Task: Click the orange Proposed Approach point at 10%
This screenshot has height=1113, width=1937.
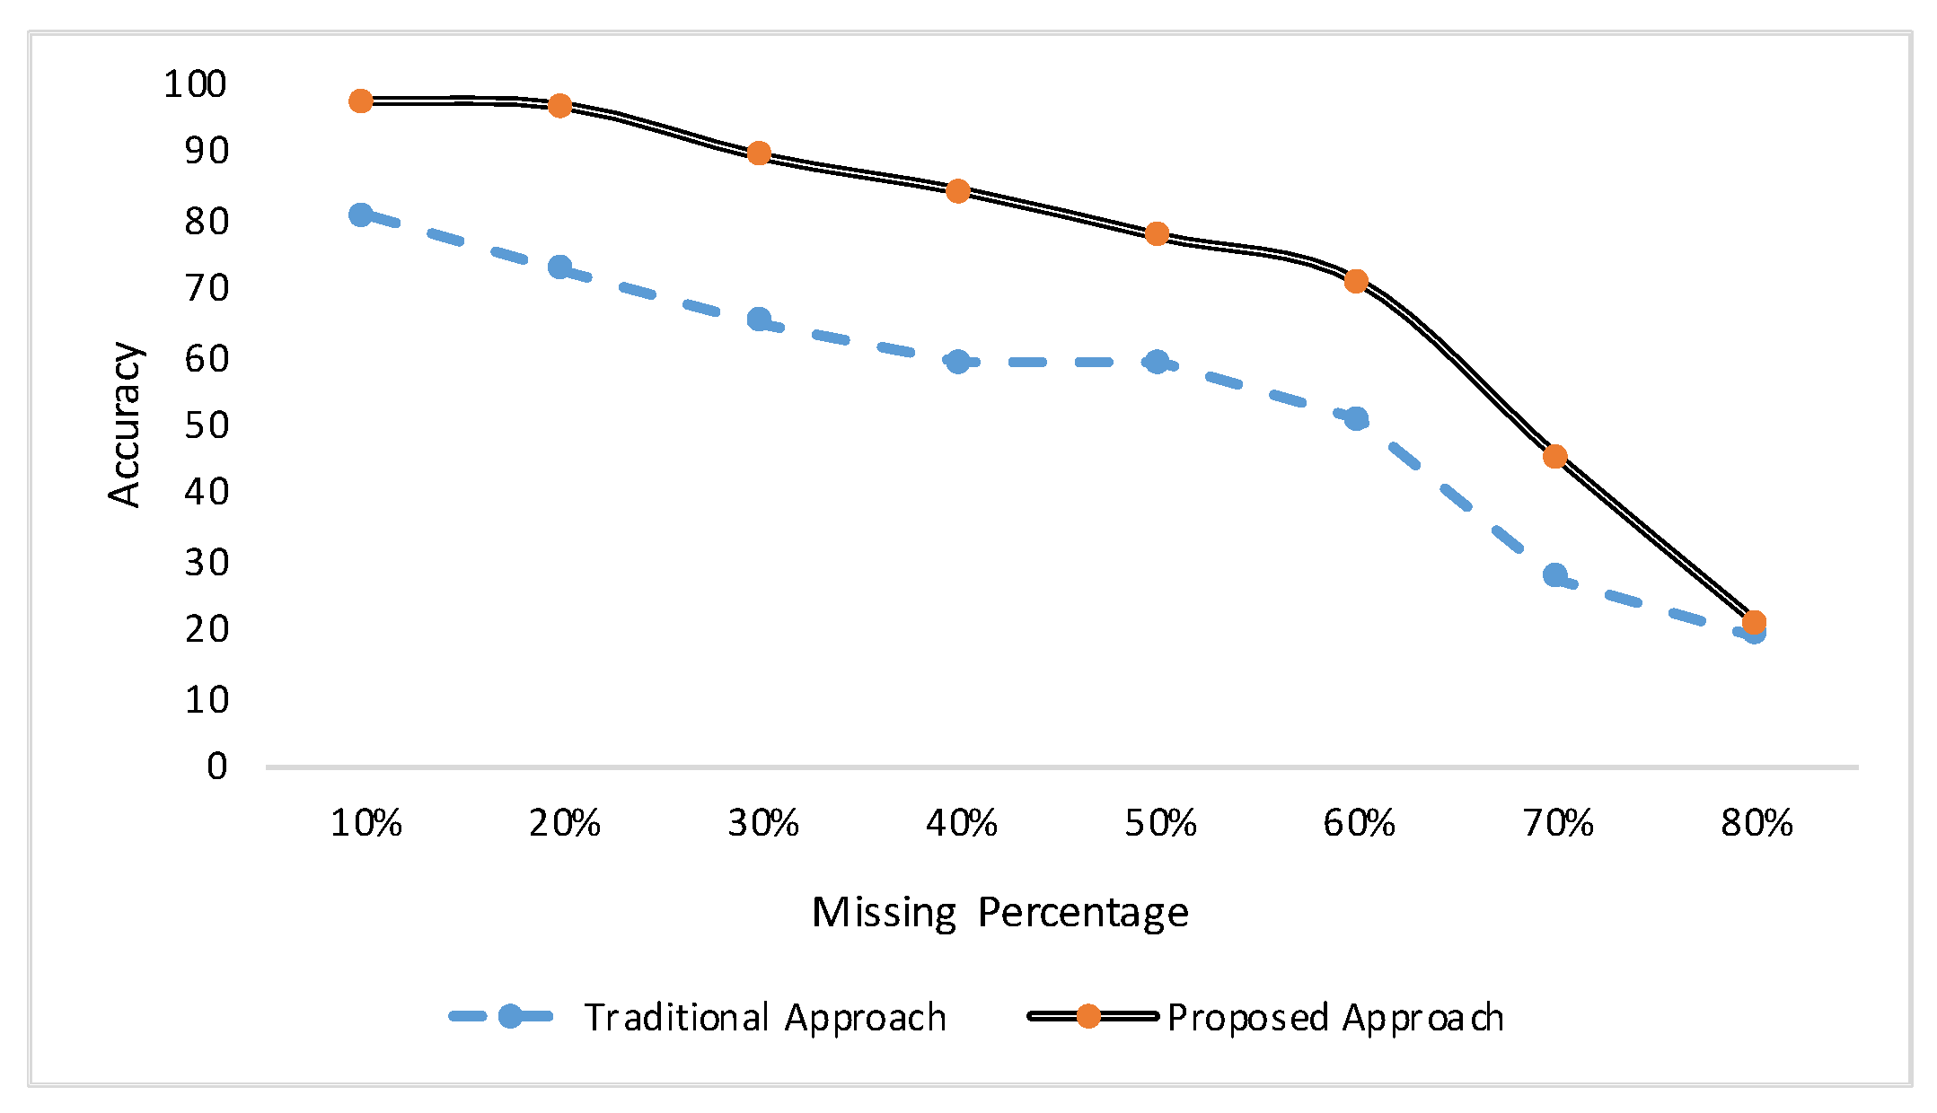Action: [361, 101]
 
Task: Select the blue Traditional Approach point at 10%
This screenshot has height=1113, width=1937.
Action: [361, 215]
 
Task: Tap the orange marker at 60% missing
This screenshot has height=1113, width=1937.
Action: [1356, 282]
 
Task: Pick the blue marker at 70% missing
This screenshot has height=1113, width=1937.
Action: [1555, 574]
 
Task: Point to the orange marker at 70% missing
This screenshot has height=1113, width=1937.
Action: [1555, 457]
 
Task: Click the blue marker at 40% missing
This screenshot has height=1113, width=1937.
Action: [958, 362]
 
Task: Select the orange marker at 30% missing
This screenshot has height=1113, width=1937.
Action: [759, 153]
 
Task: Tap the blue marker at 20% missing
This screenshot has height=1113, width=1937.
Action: [560, 267]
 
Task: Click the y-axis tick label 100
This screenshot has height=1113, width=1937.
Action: [195, 84]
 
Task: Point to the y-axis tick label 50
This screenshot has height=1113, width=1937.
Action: [207, 425]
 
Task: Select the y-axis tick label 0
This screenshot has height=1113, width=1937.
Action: [217, 767]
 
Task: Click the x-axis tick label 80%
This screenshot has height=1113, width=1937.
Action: [1757, 823]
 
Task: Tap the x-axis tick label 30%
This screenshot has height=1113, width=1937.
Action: [762, 823]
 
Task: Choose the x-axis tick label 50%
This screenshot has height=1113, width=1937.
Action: [1160, 823]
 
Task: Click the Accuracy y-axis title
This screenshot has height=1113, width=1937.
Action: [125, 425]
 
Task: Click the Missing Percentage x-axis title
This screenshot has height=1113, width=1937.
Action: [1000, 913]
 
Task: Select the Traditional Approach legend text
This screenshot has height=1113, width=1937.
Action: [766, 1018]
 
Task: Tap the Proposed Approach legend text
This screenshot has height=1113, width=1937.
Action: [1335, 1018]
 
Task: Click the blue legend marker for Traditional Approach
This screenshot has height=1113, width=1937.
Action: [510, 1016]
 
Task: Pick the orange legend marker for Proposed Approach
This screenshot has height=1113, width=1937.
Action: [1088, 1016]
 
